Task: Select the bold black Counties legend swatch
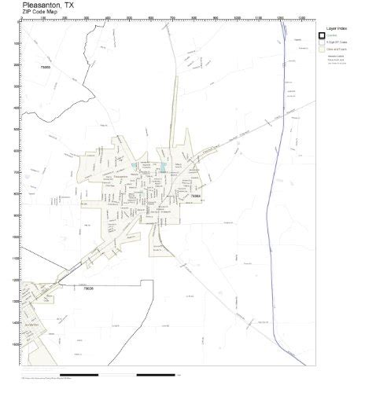pos(322,35)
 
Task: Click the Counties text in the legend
pos(334,35)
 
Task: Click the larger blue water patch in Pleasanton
pos(163,167)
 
